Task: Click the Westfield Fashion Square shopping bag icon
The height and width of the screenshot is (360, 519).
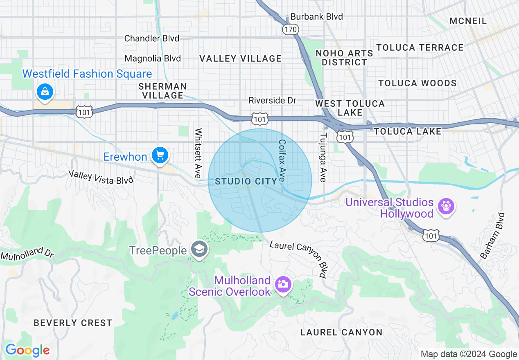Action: coord(43,92)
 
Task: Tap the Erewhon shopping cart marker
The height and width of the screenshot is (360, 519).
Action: coord(160,156)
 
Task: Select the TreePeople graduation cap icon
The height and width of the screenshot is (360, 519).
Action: coord(199,250)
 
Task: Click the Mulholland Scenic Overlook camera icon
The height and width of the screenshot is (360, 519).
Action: coord(283,283)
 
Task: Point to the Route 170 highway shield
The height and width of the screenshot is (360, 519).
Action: coord(290,29)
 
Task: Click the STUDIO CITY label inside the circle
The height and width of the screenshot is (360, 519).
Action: coord(240,181)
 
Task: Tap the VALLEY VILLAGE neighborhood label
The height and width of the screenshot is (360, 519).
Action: coord(240,59)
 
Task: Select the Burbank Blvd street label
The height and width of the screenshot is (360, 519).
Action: coord(316,17)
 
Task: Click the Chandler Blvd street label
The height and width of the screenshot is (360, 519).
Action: coord(151,38)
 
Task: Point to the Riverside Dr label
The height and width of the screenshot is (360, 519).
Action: coord(272,100)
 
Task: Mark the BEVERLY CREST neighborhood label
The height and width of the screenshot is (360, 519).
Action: coord(73,323)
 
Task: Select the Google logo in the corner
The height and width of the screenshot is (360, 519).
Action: coord(27,350)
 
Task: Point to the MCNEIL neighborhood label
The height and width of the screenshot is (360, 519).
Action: coord(468,21)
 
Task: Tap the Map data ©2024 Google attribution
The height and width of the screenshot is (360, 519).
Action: coord(469,354)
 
